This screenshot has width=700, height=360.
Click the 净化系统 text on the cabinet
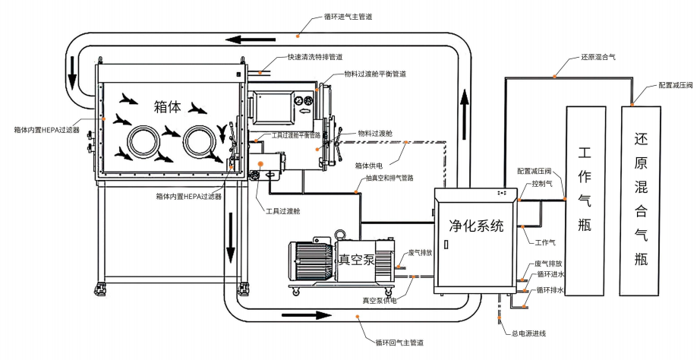coord(475,225)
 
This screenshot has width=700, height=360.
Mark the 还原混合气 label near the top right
coord(598,58)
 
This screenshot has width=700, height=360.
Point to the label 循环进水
coord(550,276)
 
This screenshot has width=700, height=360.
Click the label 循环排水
coord(550,289)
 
